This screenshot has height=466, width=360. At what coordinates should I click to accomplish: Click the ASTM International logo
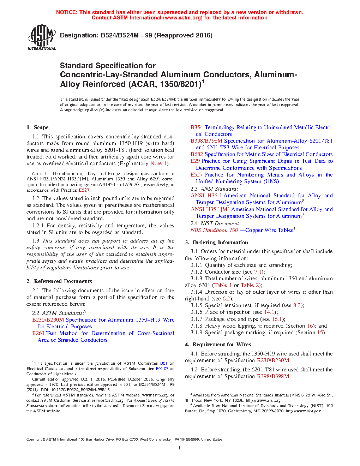(x=42, y=37)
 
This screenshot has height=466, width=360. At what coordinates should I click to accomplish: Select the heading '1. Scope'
(x=37, y=127)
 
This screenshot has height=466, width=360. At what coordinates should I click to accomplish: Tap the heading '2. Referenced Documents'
(x=59, y=281)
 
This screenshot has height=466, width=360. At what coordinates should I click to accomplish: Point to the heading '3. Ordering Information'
(x=216, y=243)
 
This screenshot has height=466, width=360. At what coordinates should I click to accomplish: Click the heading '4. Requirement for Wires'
(x=218, y=345)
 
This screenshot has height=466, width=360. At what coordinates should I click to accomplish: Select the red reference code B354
(x=197, y=127)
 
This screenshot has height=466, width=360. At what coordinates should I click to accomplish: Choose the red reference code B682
(x=197, y=154)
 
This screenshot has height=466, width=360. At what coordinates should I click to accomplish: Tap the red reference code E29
(x=195, y=161)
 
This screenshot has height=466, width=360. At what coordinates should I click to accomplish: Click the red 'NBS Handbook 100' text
(x=214, y=230)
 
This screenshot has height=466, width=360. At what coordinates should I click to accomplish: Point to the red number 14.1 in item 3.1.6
(x=269, y=312)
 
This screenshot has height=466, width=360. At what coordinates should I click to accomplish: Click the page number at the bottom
(x=180, y=448)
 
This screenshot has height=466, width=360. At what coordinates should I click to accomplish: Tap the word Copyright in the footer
(x=34, y=440)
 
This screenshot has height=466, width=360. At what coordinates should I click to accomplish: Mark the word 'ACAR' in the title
(x=143, y=84)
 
